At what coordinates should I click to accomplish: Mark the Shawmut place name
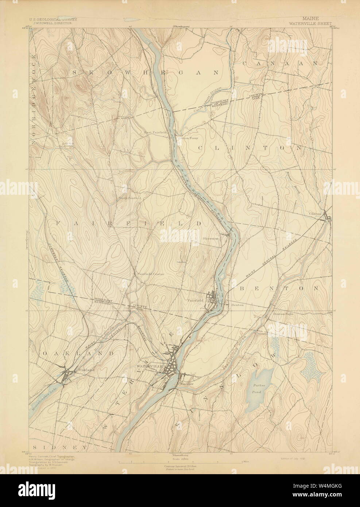[210, 239]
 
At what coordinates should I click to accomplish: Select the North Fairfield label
[130, 198]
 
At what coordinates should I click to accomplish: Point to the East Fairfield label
[152, 133]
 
